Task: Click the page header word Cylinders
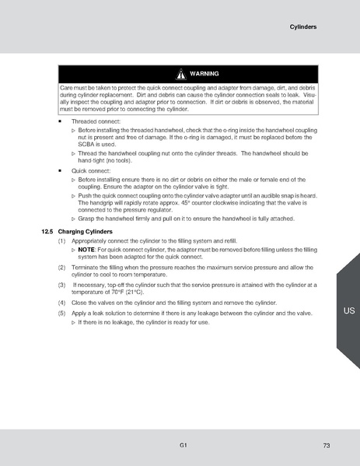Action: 302,26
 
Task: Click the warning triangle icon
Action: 180,74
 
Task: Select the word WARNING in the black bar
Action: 204,74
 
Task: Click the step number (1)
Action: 62,241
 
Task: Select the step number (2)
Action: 62,267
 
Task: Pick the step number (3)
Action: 62,285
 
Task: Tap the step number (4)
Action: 62,302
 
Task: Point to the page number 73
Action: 327,445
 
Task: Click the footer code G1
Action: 181,444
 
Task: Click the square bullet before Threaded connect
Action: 60,122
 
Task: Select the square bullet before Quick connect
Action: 60,170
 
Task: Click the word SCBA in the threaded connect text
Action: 88,144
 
